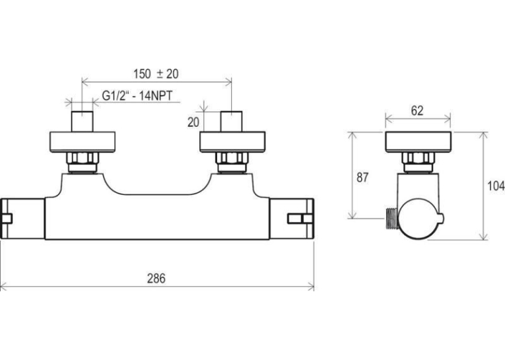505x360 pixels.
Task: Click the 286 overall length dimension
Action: (156, 279)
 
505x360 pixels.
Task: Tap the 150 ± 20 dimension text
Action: (156, 74)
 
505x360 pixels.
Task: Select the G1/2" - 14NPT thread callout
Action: (137, 96)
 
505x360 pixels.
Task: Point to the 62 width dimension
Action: (417, 111)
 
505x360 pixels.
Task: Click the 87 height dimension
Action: (362, 178)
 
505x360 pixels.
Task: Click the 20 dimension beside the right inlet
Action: (193, 122)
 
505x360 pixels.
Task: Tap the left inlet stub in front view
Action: (82, 122)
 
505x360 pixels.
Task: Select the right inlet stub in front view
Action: (231, 122)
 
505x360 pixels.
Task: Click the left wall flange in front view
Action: (82, 142)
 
